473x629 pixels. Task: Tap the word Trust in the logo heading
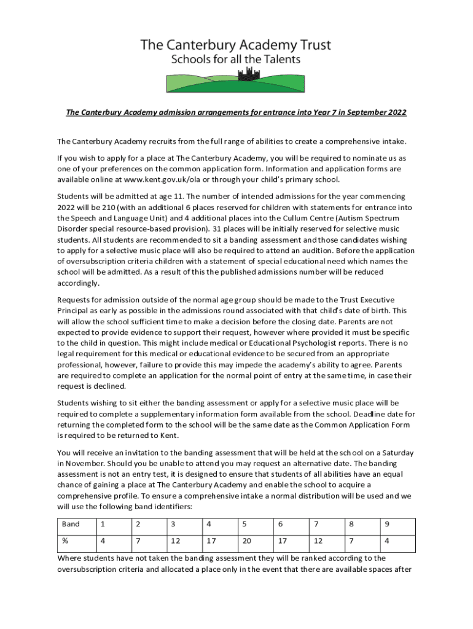pyautogui.click(x=311, y=44)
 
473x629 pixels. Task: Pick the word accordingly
pyautogui.click(x=78, y=284)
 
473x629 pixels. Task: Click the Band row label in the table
pyautogui.click(x=71, y=524)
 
